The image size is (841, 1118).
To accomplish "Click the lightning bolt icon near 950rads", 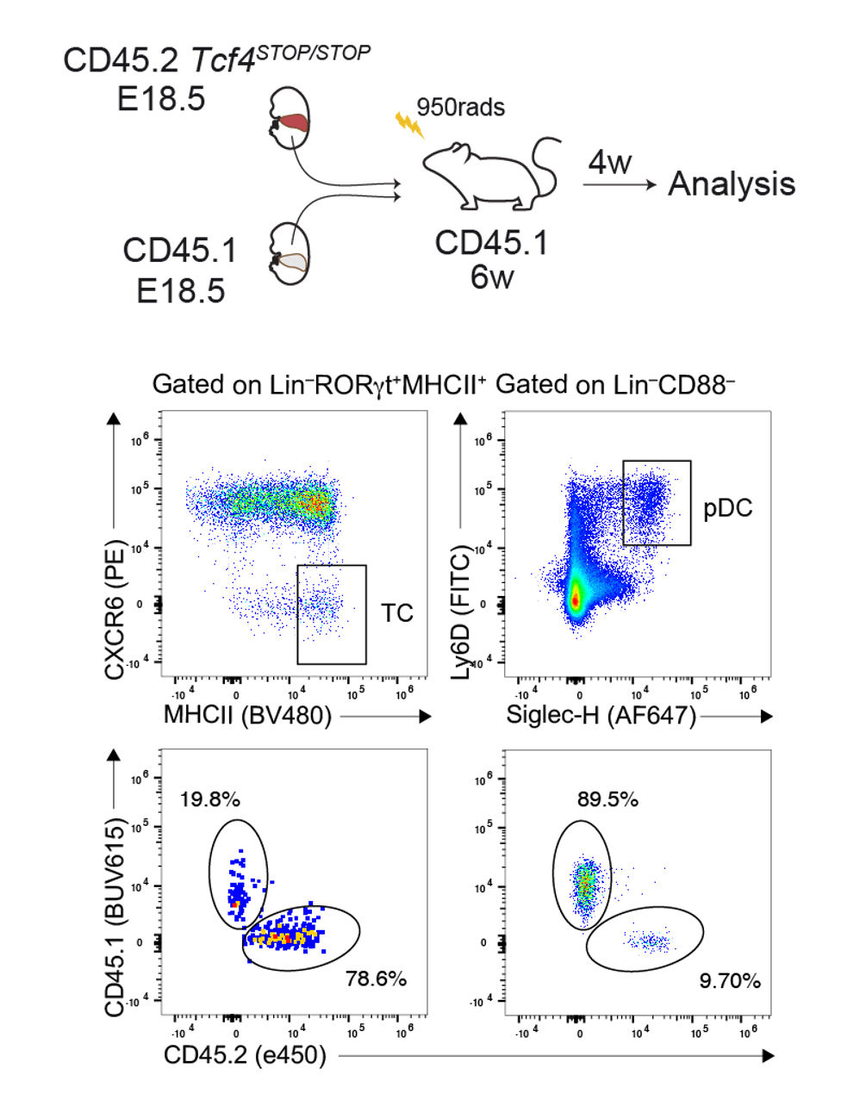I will [x=409, y=126].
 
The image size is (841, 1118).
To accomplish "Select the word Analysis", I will [x=732, y=184].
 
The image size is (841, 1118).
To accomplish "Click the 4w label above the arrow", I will [x=610, y=162].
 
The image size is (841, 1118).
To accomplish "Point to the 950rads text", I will [x=460, y=108].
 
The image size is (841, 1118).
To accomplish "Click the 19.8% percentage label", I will [x=209, y=799].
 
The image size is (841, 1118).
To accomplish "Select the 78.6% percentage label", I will [x=376, y=978].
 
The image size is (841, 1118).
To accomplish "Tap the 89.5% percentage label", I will [x=607, y=799].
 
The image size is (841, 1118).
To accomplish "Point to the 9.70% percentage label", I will [x=729, y=981].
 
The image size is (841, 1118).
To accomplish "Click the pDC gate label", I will [x=727, y=508].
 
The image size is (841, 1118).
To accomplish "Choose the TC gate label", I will [x=396, y=613].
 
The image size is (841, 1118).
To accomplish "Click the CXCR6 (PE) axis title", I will [x=115, y=610].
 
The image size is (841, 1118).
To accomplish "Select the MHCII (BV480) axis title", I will [x=247, y=715].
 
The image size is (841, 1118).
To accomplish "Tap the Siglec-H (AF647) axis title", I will [x=601, y=715].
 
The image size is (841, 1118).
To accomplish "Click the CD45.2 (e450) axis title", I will [x=245, y=1055].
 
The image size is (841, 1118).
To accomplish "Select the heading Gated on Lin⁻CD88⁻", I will [x=614, y=384].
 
